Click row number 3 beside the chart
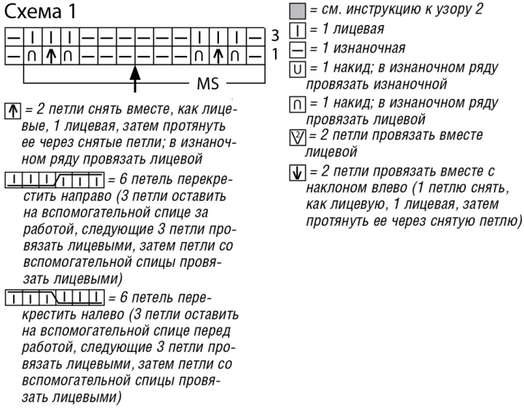pos(275,35)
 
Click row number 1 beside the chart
pos(275,53)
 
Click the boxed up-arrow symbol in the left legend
pos(10,109)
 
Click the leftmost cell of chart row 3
pos(14,35)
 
